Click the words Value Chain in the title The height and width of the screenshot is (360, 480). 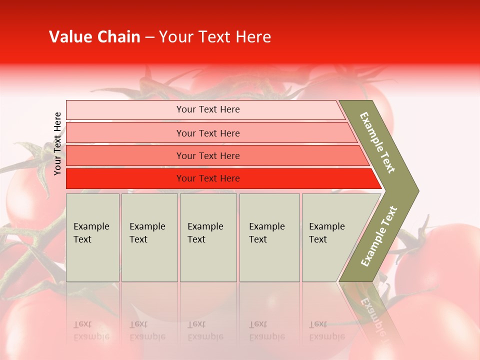click(94, 37)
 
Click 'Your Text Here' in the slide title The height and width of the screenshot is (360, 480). click(215, 37)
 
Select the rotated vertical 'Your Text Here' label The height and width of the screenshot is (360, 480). click(57, 144)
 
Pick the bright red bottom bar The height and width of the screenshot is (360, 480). click(125, 178)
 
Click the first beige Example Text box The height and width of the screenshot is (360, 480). click(92, 237)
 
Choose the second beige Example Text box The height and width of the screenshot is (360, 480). click(149, 237)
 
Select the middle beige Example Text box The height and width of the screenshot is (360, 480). click(208, 237)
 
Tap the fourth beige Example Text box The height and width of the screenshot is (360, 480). click(269, 237)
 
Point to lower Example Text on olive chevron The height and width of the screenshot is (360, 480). click(378, 236)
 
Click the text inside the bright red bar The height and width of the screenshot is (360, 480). click(208, 178)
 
